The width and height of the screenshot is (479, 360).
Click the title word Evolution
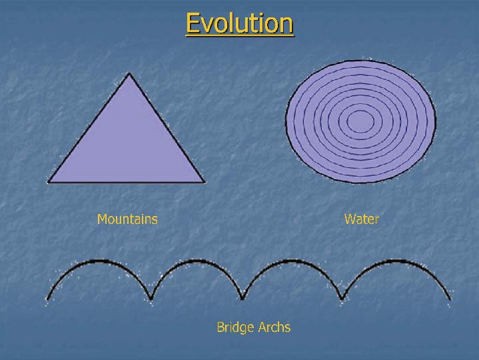(x=240, y=23)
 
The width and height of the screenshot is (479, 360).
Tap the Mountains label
(x=127, y=219)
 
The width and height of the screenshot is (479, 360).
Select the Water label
(x=361, y=219)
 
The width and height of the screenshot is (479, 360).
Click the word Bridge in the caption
(x=235, y=327)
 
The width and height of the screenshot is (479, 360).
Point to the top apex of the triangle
(x=129, y=73)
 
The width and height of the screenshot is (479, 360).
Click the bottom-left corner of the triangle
(x=48, y=183)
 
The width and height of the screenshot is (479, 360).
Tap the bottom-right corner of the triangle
(x=204, y=183)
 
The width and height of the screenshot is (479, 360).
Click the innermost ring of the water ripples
(x=360, y=110)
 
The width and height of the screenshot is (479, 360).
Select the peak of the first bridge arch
(x=99, y=261)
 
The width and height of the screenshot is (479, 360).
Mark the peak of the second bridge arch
(x=195, y=261)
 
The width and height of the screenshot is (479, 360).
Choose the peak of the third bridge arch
(x=290, y=261)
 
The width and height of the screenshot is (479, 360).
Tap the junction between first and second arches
(x=151, y=298)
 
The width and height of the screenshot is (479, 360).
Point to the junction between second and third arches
(x=242, y=298)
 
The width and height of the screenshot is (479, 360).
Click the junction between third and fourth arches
(x=342, y=298)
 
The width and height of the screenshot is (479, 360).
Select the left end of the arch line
(x=47, y=299)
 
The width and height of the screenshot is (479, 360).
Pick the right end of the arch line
(x=450, y=299)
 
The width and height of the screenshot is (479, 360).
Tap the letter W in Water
(x=350, y=219)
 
